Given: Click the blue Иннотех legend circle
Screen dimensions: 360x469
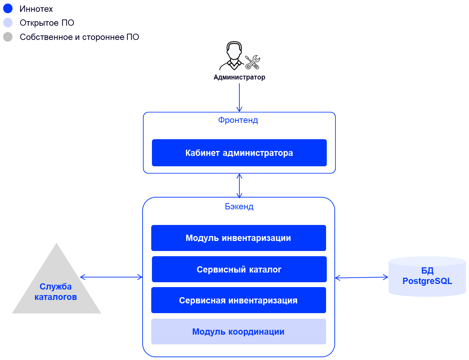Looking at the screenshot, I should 8,9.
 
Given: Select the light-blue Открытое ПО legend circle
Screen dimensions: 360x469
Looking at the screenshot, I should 8,23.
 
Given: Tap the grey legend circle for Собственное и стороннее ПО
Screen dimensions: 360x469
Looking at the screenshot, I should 8,37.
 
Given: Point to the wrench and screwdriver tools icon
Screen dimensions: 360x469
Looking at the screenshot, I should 253,62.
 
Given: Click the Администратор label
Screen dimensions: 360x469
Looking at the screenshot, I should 239,77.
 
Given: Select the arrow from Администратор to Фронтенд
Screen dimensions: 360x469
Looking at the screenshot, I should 239,97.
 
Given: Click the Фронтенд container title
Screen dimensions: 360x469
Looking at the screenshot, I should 238,120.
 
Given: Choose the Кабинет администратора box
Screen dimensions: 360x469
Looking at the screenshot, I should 239,153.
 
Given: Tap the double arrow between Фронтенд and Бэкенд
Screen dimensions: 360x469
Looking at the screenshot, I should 239,185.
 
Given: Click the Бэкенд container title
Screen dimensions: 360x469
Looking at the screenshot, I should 239,207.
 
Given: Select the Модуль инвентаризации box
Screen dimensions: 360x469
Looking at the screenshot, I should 239,238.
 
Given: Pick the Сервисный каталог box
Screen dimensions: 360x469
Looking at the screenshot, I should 239,269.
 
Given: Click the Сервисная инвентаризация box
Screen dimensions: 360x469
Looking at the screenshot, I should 239,300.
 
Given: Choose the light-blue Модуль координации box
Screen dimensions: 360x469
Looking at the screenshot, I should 239,332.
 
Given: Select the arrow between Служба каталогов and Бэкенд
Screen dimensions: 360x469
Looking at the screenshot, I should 111,277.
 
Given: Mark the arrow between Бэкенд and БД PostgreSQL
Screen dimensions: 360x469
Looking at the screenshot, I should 361,277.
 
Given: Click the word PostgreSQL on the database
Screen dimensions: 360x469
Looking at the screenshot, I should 427,281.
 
